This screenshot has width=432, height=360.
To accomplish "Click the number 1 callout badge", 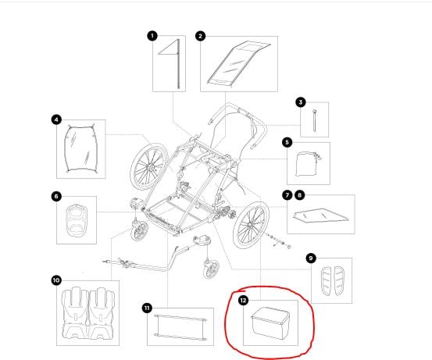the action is [152, 36].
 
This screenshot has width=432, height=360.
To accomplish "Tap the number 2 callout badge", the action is [200, 36].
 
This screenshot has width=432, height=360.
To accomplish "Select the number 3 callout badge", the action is [301, 102].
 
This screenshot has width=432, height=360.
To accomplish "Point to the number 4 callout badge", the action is [56, 119].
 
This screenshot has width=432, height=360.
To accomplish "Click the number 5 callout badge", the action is [287, 142].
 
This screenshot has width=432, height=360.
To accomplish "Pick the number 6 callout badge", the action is [56, 196].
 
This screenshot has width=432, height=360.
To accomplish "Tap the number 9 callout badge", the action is [311, 258].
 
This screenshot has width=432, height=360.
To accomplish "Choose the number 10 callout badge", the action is [56, 280].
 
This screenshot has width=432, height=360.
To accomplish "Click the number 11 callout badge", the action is [147, 308].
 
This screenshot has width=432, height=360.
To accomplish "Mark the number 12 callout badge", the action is [243, 300].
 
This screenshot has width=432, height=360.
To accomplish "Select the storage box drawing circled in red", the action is [270, 323].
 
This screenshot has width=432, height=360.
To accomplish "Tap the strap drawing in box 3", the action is [314, 120].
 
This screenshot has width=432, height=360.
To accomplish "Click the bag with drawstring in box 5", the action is [308, 164].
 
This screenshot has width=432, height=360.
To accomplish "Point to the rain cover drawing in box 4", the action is [81, 148].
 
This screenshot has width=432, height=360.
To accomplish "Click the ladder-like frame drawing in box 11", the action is [180, 327].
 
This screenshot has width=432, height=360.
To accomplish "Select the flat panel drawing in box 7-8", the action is [321, 216].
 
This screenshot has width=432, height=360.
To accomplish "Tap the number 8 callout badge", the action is [300, 195].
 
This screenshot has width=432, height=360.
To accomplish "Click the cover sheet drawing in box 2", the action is [238, 62].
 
